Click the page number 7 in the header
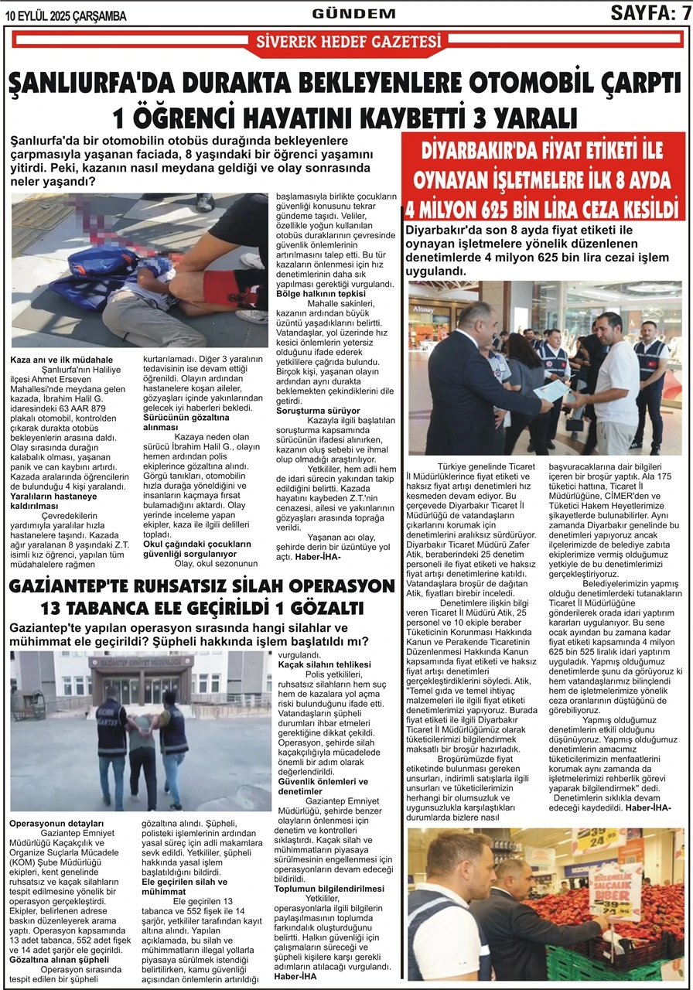(684, 12)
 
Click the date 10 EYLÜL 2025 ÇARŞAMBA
(54, 13)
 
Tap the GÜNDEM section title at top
(353, 13)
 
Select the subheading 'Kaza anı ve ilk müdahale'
(62, 360)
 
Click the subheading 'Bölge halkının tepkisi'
(321, 293)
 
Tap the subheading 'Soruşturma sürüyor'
(318, 411)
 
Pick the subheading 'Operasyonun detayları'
(56, 822)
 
